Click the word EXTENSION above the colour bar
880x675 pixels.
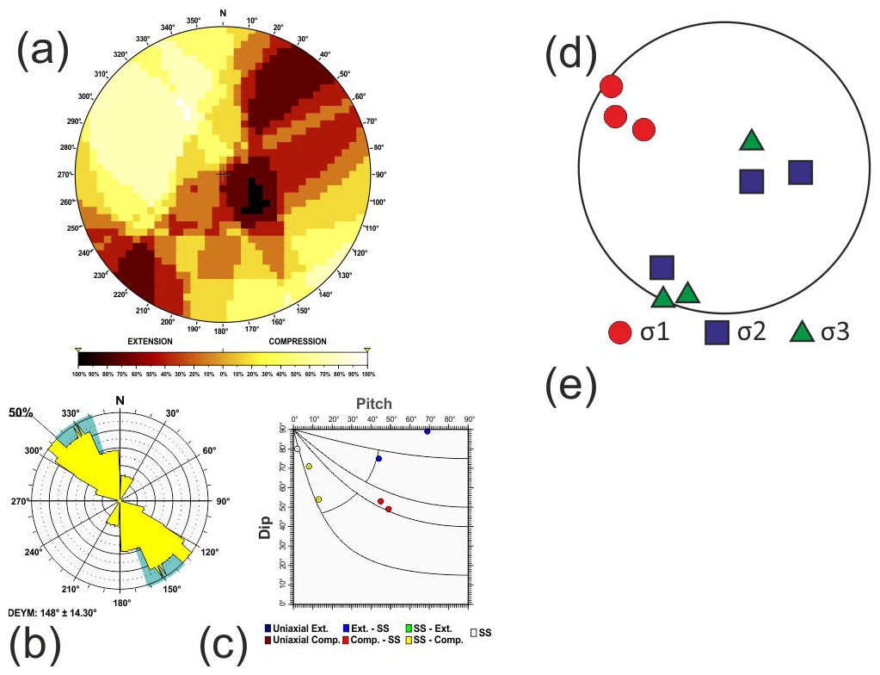pyautogui.click(x=150, y=341)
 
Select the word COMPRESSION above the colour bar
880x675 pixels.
pyautogui.click(x=298, y=341)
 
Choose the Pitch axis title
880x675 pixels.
pyautogui.click(x=374, y=403)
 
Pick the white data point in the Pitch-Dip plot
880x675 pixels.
pyautogui.click(x=298, y=449)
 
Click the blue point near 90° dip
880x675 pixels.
pyautogui.click(x=427, y=430)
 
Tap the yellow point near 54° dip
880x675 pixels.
pyautogui.click(x=318, y=499)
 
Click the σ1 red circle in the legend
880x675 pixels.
pyautogui.click(x=618, y=331)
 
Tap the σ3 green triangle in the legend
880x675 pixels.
pyautogui.click(x=802, y=331)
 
